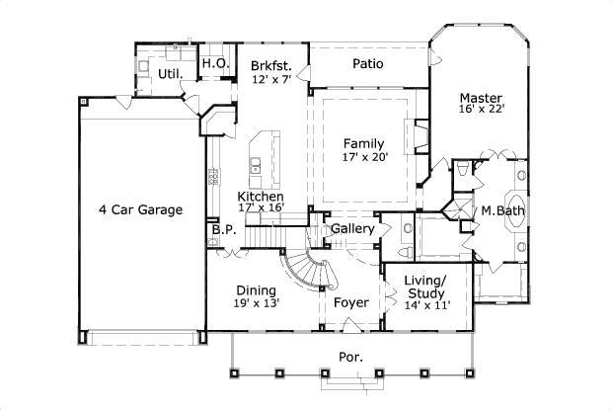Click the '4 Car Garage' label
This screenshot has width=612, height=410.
(x=139, y=209)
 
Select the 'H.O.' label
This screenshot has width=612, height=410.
(x=215, y=63)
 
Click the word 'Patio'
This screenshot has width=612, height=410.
(x=368, y=64)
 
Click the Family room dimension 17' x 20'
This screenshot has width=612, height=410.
(x=364, y=156)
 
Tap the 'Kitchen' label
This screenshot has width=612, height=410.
(x=261, y=197)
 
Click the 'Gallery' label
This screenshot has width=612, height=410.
(x=351, y=229)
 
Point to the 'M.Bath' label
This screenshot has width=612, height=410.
(x=501, y=211)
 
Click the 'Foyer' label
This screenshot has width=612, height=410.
(x=350, y=302)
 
